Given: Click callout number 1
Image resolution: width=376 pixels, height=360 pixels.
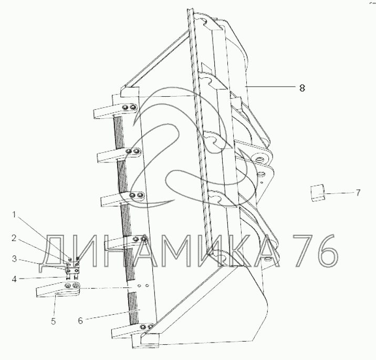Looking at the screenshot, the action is click(14, 215).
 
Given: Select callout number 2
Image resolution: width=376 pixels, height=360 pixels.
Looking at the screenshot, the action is click(14, 238).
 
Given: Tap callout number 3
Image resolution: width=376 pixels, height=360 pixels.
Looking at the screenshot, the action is click(14, 259).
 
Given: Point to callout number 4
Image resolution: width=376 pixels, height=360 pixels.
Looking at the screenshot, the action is click(14, 279).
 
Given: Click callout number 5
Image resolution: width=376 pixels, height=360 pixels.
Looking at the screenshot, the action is click(53, 321).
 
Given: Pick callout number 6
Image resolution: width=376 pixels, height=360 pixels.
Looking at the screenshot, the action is click(80, 321).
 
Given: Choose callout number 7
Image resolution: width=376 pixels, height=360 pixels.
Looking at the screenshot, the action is click(358, 193).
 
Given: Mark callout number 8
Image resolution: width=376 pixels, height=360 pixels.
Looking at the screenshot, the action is click(302, 88).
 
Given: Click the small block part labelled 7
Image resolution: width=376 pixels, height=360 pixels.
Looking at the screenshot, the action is click(318, 193).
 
